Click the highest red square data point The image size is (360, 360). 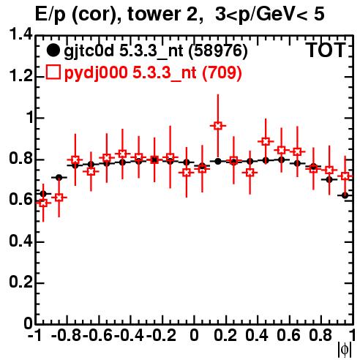point(218,126)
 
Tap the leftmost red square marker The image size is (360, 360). point(43,203)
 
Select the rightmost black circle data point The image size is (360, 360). point(345,195)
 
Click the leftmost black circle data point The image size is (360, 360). point(43,194)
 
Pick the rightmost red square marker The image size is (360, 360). point(345,176)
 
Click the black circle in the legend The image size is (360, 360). point(53,50)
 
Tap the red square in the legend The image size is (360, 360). point(53,72)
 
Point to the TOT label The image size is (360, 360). point(326,50)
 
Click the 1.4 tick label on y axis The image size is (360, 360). point(20,34)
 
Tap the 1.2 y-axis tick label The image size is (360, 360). point(20,76)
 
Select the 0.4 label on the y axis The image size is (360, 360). point(20,241)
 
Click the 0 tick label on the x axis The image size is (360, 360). point(194,335)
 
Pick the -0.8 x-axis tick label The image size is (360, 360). point(67,335)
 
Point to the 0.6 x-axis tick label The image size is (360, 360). point(289,335)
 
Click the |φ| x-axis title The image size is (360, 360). point(345,350)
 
